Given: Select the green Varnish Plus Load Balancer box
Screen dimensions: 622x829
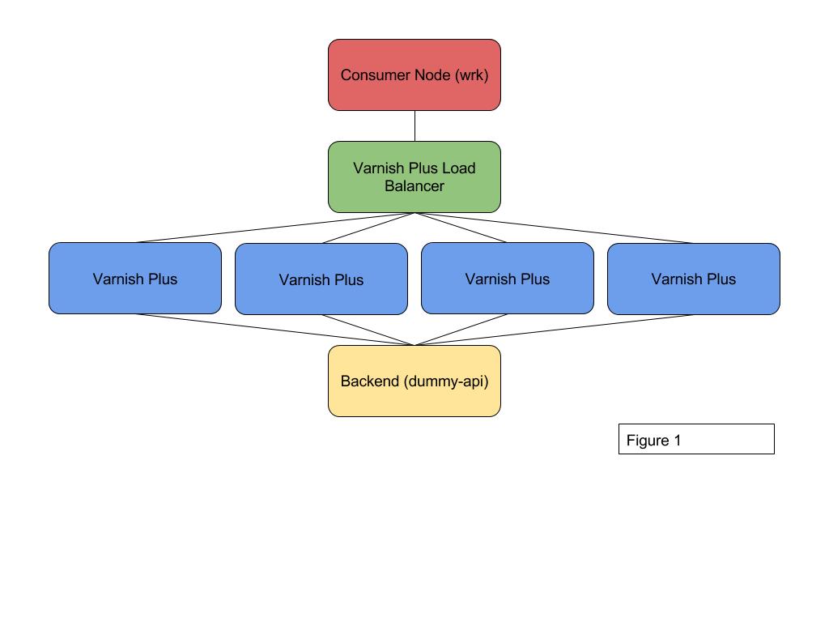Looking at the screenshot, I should click(414, 198).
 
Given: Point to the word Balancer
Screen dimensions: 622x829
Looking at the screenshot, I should click(414, 186).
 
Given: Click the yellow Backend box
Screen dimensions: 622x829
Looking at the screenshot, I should click(414, 401).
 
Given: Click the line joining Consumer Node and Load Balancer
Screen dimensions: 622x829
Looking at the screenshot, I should click(414, 126).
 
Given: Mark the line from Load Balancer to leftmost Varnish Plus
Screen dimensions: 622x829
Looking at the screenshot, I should click(275, 228).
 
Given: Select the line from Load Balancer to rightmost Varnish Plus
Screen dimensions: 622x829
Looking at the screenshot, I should click(554, 228).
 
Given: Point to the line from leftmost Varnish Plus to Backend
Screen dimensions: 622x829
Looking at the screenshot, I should click(275, 330).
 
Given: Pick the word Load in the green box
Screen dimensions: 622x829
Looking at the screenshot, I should click(460, 168).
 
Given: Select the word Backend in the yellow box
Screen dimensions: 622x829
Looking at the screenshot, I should click(370, 381).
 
